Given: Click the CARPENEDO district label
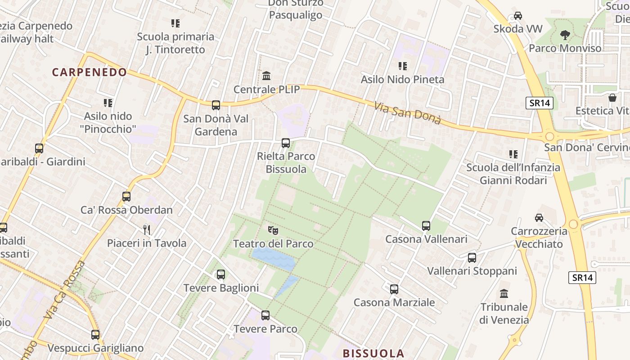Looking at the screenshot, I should [x=90, y=72].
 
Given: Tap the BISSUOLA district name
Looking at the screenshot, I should [x=373, y=353].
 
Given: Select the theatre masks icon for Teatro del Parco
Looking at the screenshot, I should [x=273, y=230].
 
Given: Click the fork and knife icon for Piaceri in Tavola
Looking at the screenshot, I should [x=146, y=230].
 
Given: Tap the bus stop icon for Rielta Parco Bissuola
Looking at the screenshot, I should [x=286, y=143].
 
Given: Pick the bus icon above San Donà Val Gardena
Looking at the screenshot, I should [x=216, y=105].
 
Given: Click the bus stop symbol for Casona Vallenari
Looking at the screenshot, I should [x=426, y=226].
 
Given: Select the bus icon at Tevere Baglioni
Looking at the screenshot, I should [x=221, y=274].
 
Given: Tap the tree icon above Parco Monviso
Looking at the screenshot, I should [x=565, y=35].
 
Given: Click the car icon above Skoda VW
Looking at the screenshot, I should [x=518, y=16].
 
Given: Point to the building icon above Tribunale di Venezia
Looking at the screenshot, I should [x=504, y=294].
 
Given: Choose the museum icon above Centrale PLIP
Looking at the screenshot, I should [x=266, y=76].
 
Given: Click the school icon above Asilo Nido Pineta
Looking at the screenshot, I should [x=403, y=66].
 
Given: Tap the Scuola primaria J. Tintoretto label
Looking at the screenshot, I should [x=175, y=43].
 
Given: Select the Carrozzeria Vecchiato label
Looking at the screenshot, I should [x=539, y=238].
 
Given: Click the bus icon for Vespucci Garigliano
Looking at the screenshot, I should [x=95, y=335].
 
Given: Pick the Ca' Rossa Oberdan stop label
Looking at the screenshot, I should [x=126, y=210].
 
